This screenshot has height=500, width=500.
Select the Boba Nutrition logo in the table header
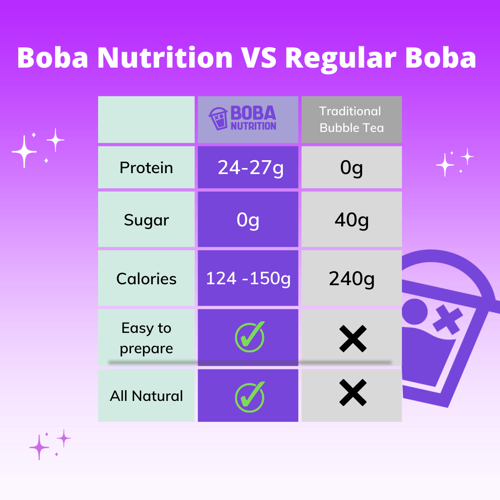(243, 119)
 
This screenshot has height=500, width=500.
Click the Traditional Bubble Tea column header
(351, 119)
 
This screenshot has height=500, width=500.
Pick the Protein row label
(146, 168)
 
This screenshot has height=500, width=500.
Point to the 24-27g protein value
(250, 168)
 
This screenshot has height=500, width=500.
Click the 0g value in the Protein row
(351, 168)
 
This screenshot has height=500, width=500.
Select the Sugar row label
(146, 220)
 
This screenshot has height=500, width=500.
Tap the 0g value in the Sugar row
(248, 220)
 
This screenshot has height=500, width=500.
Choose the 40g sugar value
(351, 220)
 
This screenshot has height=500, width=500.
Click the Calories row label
(146, 279)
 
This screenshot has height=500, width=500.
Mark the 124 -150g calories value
(248, 279)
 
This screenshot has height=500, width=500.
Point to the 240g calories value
(351, 279)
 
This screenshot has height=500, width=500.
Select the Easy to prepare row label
(146, 338)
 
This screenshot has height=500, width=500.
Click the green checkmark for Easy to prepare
(250, 337)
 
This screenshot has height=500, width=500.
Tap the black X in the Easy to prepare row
(353, 338)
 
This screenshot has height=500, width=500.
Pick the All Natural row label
(146, 396)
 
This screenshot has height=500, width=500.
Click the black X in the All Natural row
(353, 393)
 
